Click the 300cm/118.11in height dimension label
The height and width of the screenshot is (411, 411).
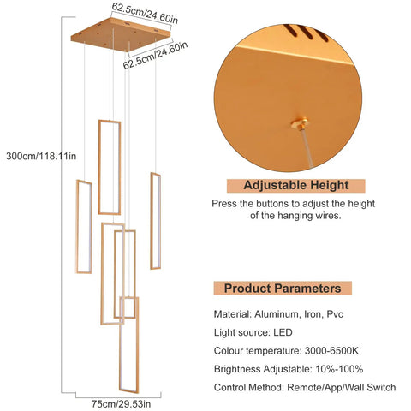41,156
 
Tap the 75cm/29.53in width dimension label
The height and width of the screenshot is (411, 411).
121,404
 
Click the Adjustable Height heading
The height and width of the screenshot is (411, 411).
296,186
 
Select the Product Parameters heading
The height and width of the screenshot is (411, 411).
283,289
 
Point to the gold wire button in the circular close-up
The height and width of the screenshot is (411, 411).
300,123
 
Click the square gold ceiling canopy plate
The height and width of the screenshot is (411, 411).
121,34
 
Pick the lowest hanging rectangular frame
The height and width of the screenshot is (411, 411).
129,344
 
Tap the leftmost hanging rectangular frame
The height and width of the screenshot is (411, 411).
84,227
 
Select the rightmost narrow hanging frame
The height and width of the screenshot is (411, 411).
156,221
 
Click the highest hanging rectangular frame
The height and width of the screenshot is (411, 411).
110,167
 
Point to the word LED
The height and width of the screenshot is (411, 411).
283,332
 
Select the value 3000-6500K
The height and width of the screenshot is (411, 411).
331,351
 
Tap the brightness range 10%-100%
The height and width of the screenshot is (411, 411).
339,369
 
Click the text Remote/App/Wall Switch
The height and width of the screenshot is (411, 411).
342,388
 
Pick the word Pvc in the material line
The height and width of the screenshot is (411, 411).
335,314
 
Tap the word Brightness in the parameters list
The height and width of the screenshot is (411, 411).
237,369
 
